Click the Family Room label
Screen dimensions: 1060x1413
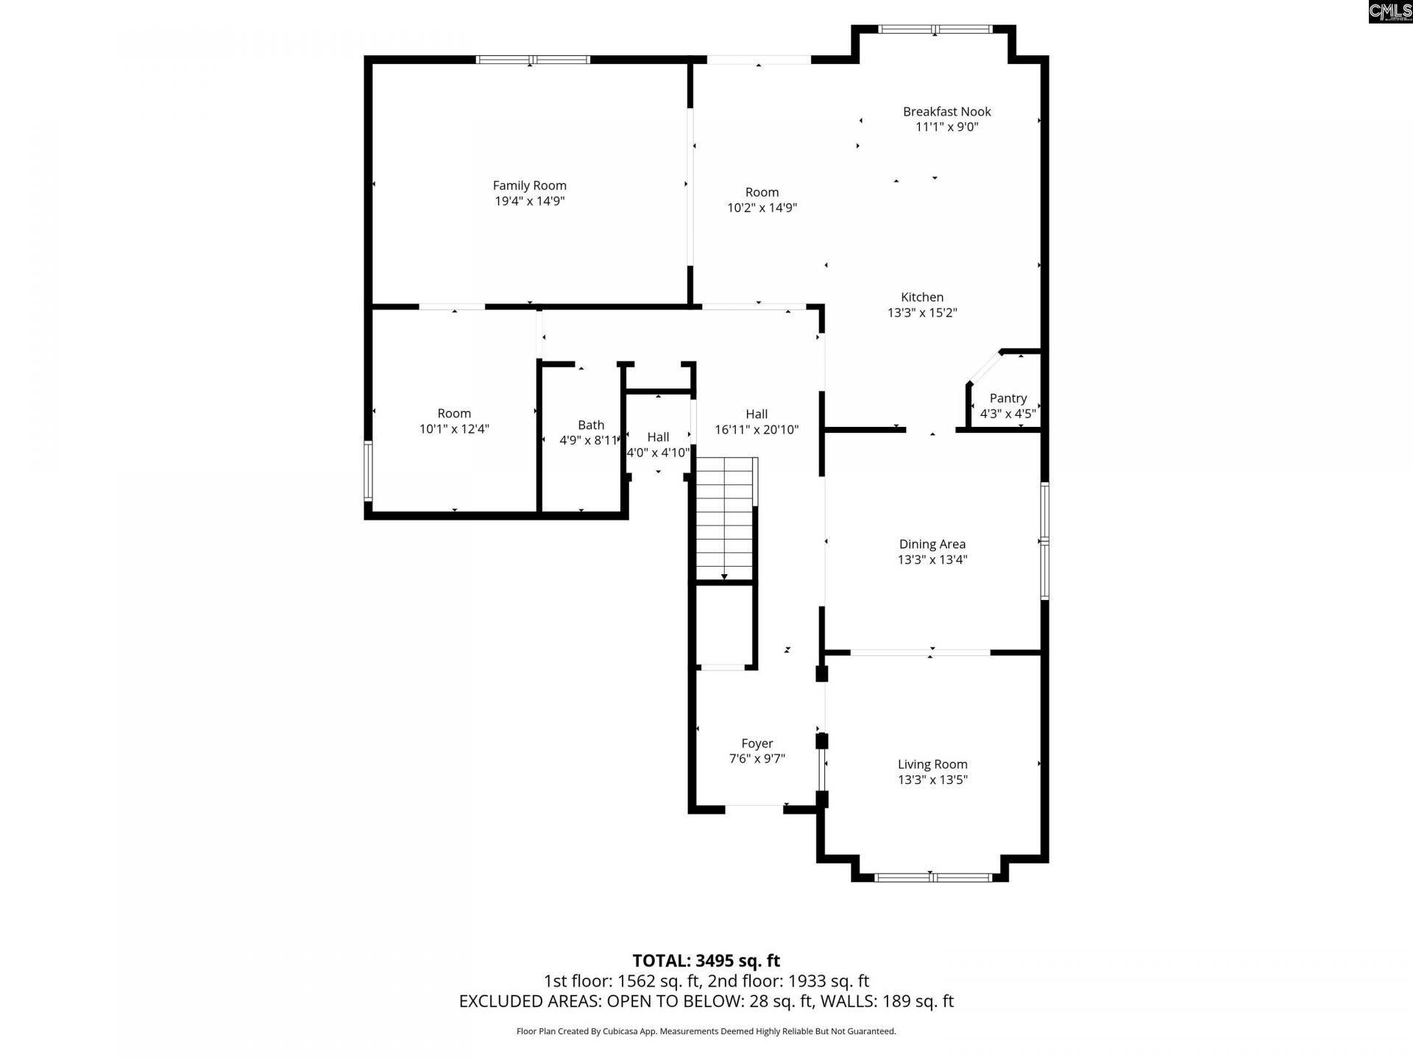(529, 185)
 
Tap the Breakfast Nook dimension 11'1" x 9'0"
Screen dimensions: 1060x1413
(946, 127)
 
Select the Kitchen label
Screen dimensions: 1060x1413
(921, 297)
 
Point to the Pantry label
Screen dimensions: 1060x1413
(1007, 398)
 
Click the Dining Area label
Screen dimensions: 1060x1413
(932, 544)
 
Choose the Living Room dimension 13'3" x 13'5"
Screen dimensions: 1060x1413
(932, 780)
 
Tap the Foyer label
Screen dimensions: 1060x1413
(757, 743)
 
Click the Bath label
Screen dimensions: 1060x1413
(590, 425)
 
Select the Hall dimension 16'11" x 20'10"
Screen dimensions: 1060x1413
(757, 430)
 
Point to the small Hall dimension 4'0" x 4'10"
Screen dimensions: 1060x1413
(658, 453)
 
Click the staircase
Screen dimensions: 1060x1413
(726, 519)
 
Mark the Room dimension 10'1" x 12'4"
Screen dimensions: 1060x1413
(454, 429)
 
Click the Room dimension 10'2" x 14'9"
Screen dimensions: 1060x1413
(762, 208)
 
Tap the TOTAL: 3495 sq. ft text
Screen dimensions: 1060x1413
(706, 961)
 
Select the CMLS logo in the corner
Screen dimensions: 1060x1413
(1389, 11)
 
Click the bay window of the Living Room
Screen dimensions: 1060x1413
(932, 877)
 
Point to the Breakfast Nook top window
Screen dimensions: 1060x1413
(935, 29)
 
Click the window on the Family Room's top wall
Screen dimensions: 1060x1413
(533, 60)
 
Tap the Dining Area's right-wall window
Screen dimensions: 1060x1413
(1044, 541)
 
